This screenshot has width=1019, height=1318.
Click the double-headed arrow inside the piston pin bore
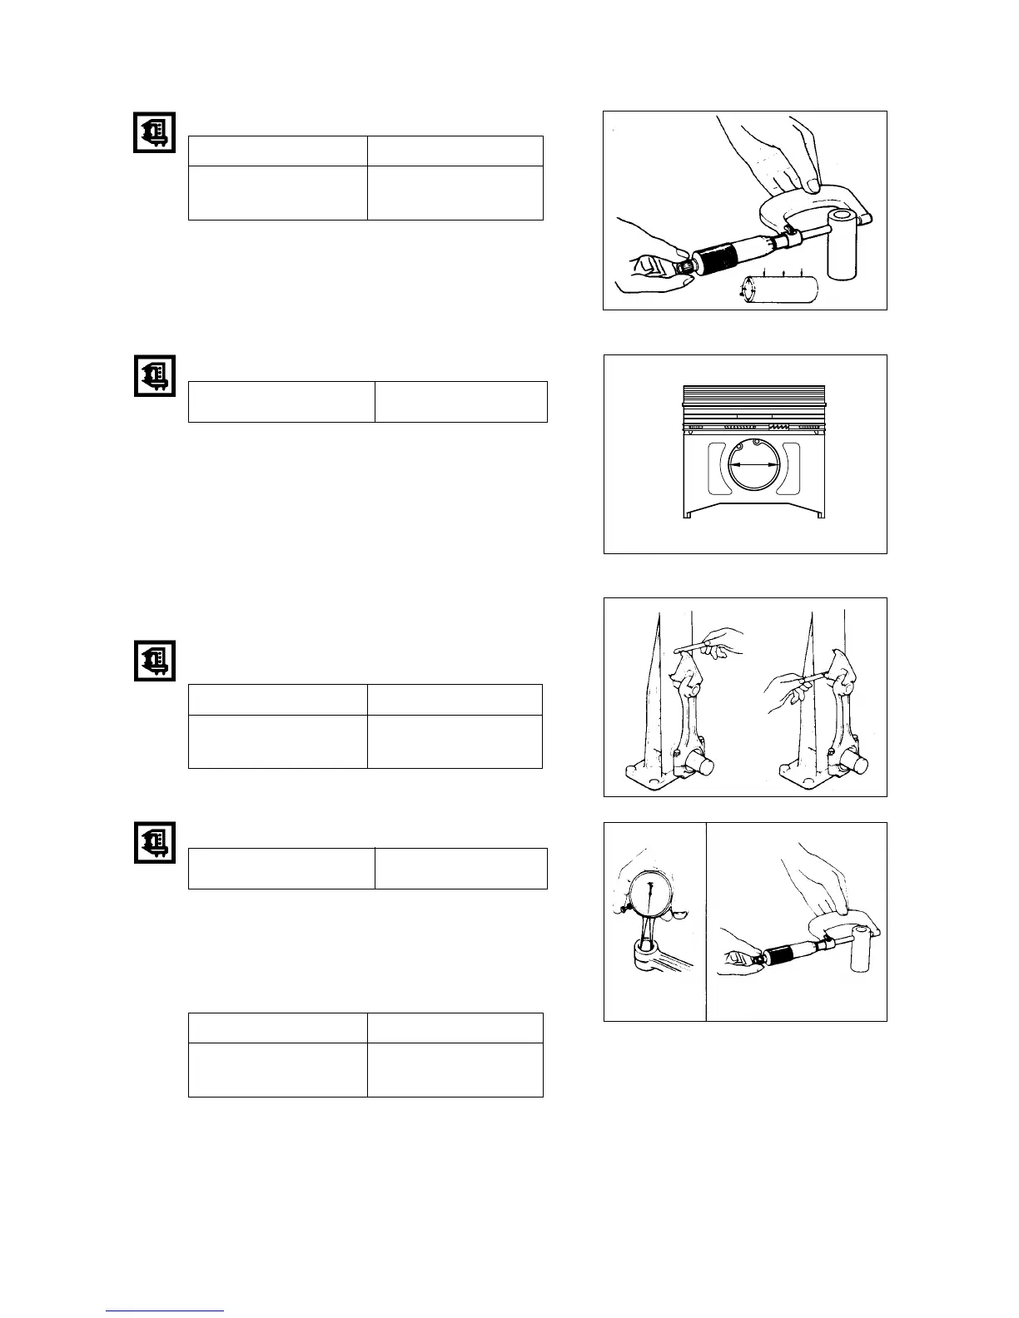753,466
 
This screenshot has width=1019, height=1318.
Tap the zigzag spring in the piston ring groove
778,425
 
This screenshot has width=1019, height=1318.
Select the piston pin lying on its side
780,290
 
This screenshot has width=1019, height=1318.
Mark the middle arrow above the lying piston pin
784,272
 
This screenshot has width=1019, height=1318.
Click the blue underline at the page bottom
165,1311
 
